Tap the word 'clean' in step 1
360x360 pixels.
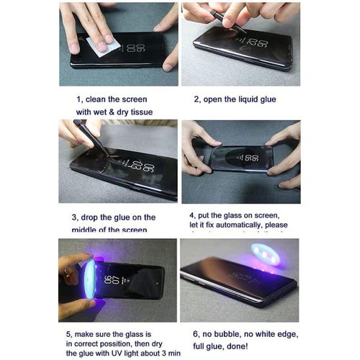click(x=101, y=99)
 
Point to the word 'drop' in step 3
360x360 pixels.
click(x=92, y=217)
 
